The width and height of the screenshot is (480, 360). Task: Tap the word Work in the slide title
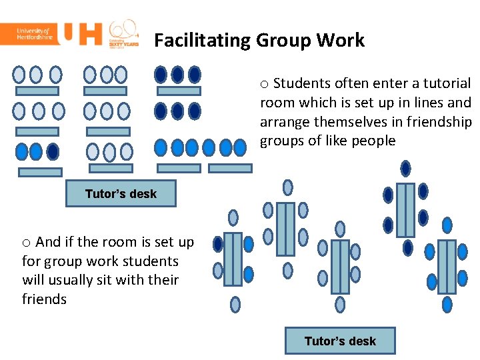(x=341, y=41)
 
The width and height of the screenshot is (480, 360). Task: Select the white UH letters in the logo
(x=80, y=34)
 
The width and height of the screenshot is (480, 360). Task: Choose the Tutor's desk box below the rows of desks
(x=121, y=194)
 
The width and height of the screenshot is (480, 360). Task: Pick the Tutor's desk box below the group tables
(x=340, y=341)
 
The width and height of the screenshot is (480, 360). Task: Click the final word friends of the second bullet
(x=44, y=299)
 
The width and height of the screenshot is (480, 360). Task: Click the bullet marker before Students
(x=264, y=84)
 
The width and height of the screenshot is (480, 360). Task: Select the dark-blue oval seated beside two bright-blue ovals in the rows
(x=53, y=151)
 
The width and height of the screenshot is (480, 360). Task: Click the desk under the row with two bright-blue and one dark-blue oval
(x=40, y=172)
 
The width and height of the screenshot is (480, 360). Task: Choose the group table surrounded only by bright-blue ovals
(x=447, y=266)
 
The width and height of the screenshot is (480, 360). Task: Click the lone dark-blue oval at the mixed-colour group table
(x=218, y=244)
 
